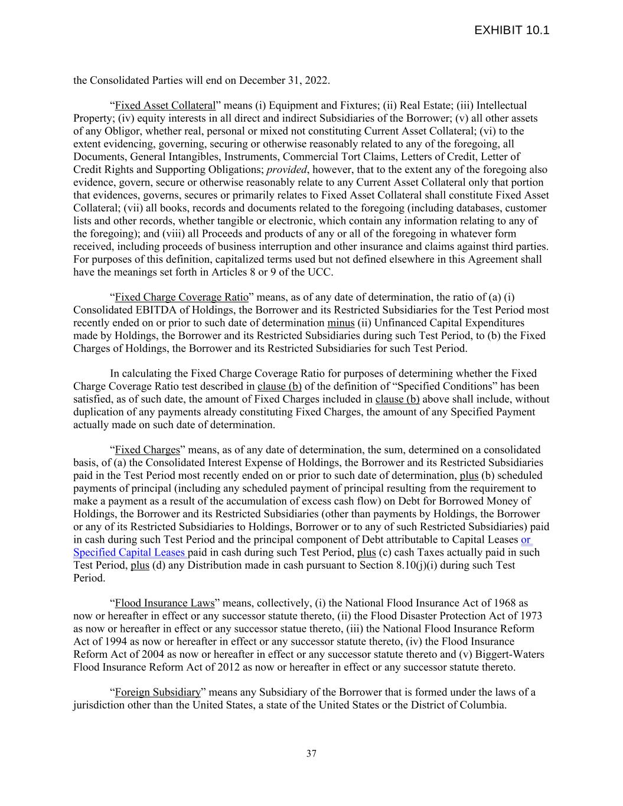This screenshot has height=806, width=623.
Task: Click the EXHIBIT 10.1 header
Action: point(511,30)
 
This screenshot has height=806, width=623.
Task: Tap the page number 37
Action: point(311,753)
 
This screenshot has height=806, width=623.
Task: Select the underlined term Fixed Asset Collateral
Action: point(165,106)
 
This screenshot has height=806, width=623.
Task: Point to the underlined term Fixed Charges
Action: point(147,450)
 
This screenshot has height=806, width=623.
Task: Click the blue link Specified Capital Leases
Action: point(129,553)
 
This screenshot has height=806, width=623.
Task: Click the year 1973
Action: point(531,616)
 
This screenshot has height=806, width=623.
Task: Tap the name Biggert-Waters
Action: point(507,654)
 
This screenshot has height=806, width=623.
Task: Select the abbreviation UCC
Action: point(319,272)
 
